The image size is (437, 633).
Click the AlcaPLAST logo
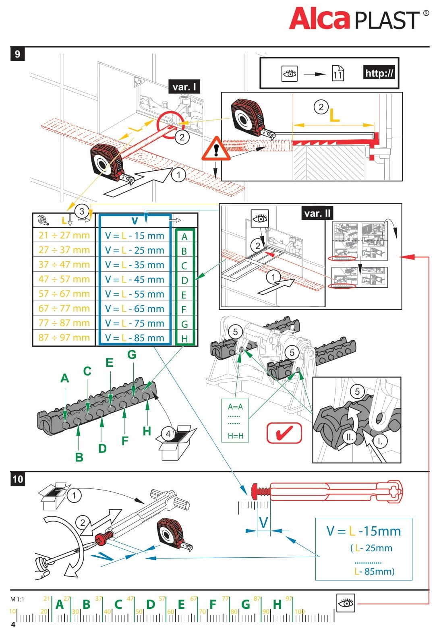(358, 19)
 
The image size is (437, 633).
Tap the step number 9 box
(17, 54)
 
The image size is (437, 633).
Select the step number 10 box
(18, 479)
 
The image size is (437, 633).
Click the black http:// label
(379, 73)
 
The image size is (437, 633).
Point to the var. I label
(184, 87)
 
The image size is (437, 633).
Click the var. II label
(317, 213)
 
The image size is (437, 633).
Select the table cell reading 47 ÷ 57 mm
(64, 279)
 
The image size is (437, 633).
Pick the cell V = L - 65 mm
(135, 308)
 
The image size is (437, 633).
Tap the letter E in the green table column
(184, 295)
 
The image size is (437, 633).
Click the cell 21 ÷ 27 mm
(64, 235)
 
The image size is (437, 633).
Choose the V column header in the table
(135, 221)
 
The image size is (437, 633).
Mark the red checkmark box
(284, 433)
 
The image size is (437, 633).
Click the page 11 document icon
(338, 73)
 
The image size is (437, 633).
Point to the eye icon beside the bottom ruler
(346, 603)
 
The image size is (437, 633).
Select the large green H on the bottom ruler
(277, 604)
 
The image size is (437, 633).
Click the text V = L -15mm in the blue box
(363, 531)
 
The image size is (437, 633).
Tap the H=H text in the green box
(236, 436)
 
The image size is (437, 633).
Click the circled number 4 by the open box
(168, 434)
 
